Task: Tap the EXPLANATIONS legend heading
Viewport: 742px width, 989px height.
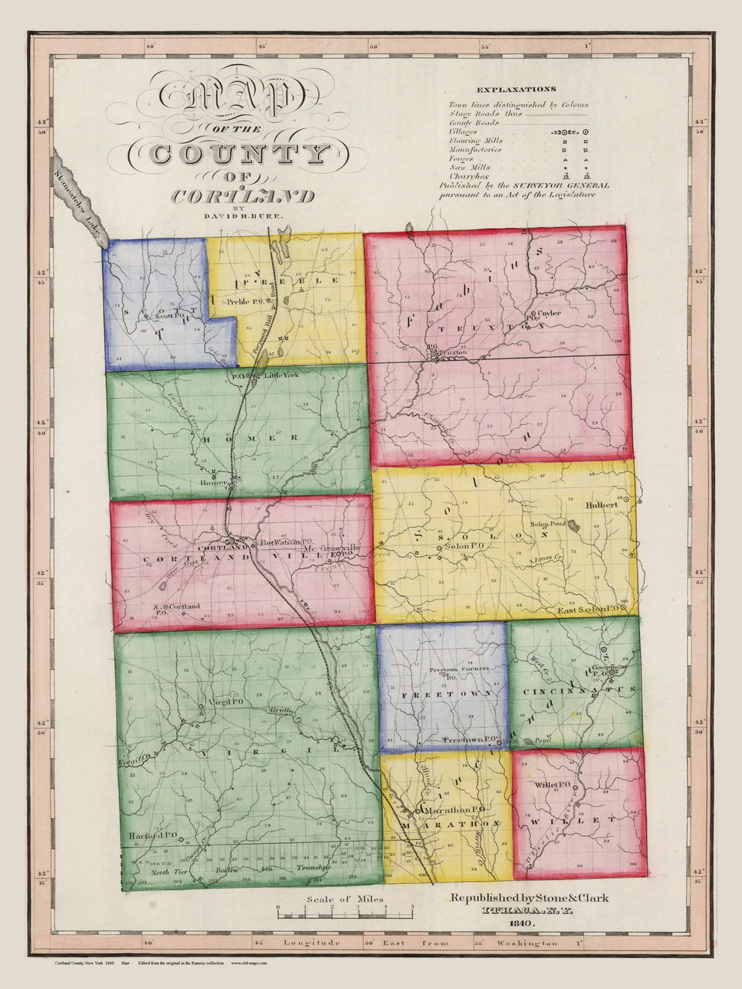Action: (516, 90)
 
